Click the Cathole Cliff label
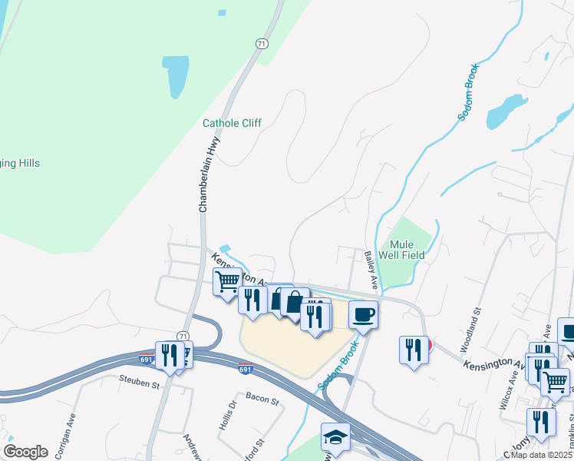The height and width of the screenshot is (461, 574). tap(232, 123)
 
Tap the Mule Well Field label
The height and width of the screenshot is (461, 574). tap(407, 250)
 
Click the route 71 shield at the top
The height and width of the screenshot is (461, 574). tap(262, 45)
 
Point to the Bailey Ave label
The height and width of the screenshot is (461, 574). tap(371, 270)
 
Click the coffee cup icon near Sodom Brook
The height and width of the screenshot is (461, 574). tap(363, 313)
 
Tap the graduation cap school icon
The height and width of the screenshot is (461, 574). tap(335, 436)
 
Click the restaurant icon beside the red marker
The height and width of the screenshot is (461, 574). tap(413, 350)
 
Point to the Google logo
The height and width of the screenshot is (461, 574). tap(26, 451)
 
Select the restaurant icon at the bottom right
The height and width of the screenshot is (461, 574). tap(541, 422)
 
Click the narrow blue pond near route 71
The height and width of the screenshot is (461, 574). tap(176, 75)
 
